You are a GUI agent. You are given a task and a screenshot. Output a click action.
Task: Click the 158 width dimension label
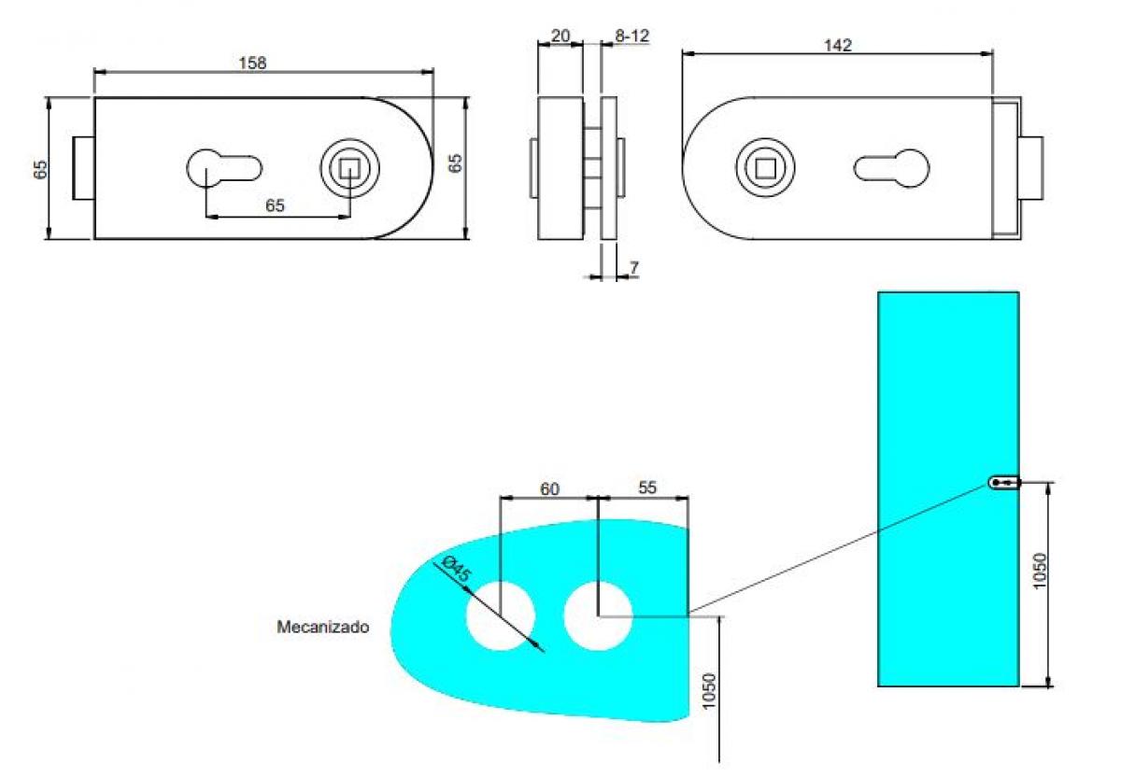tap(253, 63)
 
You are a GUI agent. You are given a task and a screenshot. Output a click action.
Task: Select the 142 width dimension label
tap(838, 46)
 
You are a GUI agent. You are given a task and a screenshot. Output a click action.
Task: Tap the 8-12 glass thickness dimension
tap(631, 35)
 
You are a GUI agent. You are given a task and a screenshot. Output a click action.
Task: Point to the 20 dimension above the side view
tap(560, 35)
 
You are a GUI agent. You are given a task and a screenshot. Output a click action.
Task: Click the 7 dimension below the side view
tap(634, 268)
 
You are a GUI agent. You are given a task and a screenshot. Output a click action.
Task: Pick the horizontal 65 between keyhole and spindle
tap(275, 205)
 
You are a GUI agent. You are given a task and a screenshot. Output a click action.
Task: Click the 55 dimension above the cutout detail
tap(646, 487)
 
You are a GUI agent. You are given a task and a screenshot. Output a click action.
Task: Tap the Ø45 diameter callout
tap(455, 570)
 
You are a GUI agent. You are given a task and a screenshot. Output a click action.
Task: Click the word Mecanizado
tap(322, 628)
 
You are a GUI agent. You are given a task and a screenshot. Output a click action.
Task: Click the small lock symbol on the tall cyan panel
tap(1004, 483)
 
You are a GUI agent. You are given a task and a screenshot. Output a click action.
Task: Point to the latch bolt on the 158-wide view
tap(83, 168)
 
